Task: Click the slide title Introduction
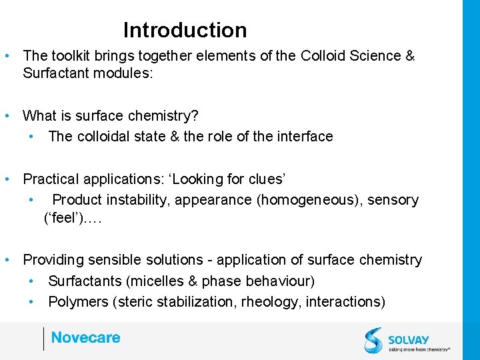185,30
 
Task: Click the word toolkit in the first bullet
69,56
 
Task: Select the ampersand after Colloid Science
409,56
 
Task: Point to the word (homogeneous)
301,199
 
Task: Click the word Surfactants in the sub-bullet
83,281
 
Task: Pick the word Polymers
76,301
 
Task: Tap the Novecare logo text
85,337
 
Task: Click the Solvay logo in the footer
406,339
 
